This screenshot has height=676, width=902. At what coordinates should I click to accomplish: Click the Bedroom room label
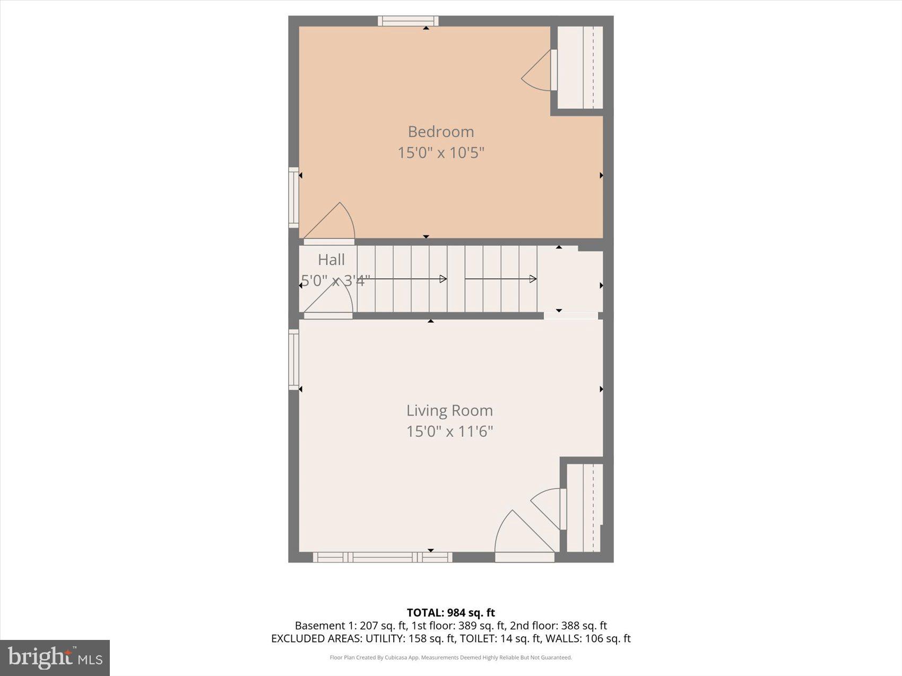(440, 131)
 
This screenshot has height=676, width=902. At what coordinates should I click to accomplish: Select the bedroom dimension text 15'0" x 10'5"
(440, 153)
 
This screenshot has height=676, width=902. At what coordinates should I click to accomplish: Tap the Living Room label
(449, 410)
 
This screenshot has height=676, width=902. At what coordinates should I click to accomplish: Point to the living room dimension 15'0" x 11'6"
(449, 431)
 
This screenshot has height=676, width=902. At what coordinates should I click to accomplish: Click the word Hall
(331, 260)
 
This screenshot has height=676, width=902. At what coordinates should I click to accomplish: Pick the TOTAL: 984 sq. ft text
(450, 613)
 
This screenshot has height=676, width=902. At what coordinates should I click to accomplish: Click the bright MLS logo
(55, 657)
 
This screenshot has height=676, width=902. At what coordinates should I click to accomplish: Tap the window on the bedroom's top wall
(408, 21)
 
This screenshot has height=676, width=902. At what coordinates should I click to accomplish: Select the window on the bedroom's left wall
(293, 197)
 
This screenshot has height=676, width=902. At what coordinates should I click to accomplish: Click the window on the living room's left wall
(293, 359)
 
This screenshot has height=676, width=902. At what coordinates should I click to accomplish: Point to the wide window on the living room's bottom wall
(382, 557)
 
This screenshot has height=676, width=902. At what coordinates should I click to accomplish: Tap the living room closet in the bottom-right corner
(584, 507)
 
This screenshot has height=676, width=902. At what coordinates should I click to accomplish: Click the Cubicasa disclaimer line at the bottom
(450, 657)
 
